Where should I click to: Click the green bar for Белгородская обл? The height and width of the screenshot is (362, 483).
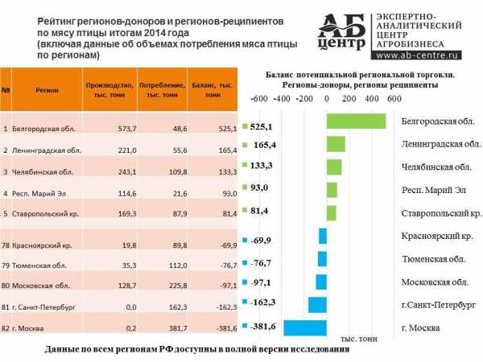[356, 121]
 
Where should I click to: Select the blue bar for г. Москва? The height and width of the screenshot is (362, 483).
[305, 328]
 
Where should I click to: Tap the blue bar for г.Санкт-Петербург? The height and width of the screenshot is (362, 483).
[317, 305]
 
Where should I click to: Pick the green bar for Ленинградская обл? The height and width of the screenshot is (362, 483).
[336, 144]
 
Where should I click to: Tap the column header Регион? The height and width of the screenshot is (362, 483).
[46, 89]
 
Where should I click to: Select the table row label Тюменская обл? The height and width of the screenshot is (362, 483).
[43, 265]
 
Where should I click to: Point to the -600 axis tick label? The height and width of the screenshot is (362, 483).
[259, 99]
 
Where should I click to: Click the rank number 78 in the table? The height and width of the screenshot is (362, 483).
[6, 244]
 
